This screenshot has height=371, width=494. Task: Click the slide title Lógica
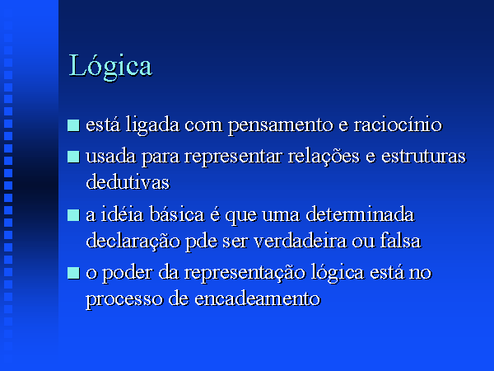pos(110,66)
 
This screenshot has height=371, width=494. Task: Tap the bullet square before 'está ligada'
pos(73,125)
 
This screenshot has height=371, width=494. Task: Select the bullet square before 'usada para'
pos(73,157)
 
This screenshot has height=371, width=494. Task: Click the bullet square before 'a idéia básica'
pos(73,215)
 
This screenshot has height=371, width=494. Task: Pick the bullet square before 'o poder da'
pos(73,273)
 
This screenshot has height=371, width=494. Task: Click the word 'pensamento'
pos(281,125)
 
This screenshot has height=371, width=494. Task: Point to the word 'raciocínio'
pos(398,124)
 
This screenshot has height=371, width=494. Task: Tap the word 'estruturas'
pos(423,156)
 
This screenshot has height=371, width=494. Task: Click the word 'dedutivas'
pos(128,182)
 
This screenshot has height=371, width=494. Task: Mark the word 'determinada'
pos(360,214)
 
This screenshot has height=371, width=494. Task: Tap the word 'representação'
pos(245,273)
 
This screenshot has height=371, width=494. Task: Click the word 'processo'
pos(124,300)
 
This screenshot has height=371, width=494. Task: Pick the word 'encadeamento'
pos(258,298)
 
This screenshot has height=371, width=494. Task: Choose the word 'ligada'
pos(153,125)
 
